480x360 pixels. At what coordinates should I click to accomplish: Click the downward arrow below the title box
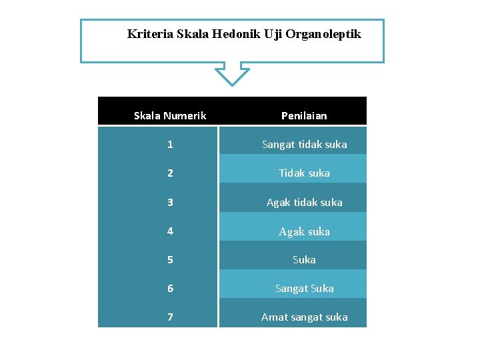[x=232, y=74]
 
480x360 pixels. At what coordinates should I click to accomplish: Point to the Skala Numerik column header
[x=170, y=116]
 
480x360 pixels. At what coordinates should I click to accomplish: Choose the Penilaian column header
[x=304, y=116]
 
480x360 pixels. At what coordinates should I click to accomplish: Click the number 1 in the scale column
[x=170, y=145]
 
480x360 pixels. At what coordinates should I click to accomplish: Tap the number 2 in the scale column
[x=170, y=173]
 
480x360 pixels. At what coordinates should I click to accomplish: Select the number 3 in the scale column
[x=170, y=202]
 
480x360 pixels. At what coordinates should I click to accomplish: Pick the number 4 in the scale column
[x=170, y=231]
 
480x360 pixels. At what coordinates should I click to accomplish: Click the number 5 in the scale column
[x=170, y=260]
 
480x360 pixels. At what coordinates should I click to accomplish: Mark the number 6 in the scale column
[x=170, y=289]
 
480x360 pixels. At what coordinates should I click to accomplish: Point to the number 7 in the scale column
[x=170, y=317]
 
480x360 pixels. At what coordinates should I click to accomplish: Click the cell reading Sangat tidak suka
[x=304, y=145]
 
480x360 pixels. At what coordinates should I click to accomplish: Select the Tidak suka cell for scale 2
[x=304, y=173]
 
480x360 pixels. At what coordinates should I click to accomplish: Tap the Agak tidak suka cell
[x=304, y=203]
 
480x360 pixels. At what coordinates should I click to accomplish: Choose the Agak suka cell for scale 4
[x=304, y=232]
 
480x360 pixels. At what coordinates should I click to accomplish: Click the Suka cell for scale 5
[x=304, y=260]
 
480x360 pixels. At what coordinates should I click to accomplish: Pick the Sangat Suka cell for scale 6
[x=304, y=289]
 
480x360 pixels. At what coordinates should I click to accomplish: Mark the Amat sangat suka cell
[x=304, y=317]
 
